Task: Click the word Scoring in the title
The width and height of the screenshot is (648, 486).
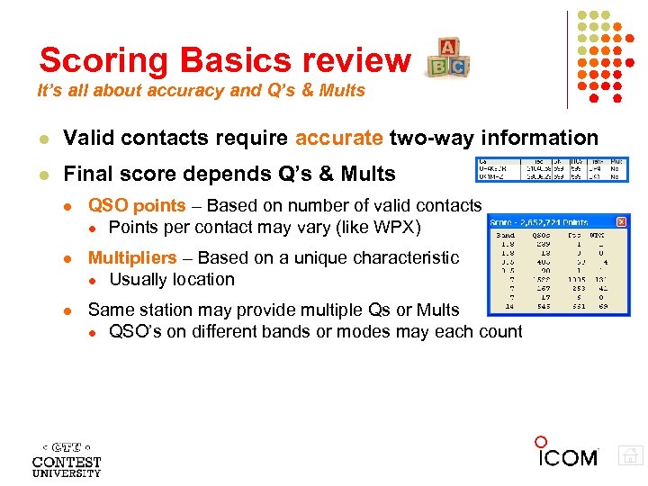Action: pos(103,59)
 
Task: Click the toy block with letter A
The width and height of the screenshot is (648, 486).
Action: pos(447,48)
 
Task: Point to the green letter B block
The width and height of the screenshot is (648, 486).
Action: pos(438,67)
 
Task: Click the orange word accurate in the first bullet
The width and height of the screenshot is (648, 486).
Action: pos(337,138)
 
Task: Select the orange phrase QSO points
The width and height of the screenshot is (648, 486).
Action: pos(136,206)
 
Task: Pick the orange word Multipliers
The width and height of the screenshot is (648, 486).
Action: pos(132,258)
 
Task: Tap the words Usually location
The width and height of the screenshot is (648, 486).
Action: pos(171,279)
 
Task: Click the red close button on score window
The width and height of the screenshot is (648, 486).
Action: pos(621,221)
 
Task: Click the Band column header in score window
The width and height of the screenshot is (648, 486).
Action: pos(506,234)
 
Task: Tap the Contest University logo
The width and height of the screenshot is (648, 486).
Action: pos(67,458)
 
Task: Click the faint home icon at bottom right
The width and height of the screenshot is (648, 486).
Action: pos(631,456)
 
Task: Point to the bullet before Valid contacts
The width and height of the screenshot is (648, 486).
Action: pos(43,139)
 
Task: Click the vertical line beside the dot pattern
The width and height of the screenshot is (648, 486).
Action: pos(567,58)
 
